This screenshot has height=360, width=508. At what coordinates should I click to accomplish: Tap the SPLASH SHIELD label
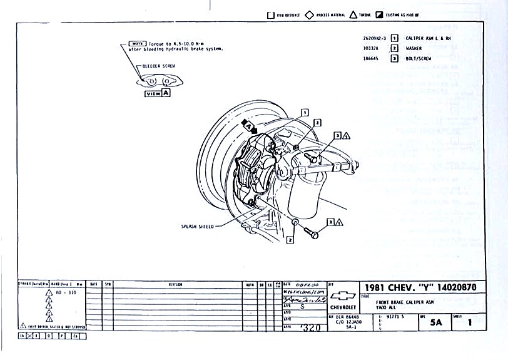pos(198,226)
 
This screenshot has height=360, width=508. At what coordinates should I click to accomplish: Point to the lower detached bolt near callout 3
pos(310,232)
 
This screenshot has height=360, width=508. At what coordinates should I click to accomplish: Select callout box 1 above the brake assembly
pos(305,112)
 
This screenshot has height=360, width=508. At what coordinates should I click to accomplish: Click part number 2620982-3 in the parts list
pos(374,38)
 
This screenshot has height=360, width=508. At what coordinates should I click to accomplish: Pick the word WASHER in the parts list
pos(414,48)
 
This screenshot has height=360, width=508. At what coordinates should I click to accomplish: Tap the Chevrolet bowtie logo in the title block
pos(343,297)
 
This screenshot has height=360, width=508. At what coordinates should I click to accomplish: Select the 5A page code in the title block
pos(435,323)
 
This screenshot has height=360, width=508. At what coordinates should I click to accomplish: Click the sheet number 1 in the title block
pos(469,323)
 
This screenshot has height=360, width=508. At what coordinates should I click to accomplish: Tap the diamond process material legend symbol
pos(309,14)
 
